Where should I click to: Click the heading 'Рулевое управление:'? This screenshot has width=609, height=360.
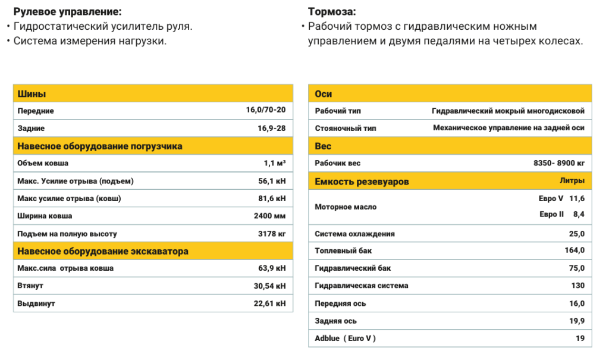(x=67, y=12)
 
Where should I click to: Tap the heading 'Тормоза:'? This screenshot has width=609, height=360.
(x=332, y=12)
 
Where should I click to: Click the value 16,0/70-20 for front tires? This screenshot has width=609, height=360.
(x=266, y=111)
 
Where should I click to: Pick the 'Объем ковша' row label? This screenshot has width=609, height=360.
(x=43, y=163)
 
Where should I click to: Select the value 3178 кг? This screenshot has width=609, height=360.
(x=272, y=234)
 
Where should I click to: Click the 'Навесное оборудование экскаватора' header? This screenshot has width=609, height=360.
(x=103, y=251)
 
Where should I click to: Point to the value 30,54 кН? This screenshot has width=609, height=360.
(x=269, y=286)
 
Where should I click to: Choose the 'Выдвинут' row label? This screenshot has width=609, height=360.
(x=36, y=303)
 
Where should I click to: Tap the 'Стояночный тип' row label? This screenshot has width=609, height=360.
(x=346, y=128)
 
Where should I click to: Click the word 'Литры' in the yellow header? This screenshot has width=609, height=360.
(x=572, y=180)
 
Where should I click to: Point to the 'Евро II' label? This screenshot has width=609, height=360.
(x=551, y=214)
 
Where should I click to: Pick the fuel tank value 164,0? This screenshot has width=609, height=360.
(x=575, y=251)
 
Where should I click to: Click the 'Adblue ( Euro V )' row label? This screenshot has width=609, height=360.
(x=346, y=339)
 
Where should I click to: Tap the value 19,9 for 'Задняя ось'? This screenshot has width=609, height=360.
(x=577, y=321)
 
